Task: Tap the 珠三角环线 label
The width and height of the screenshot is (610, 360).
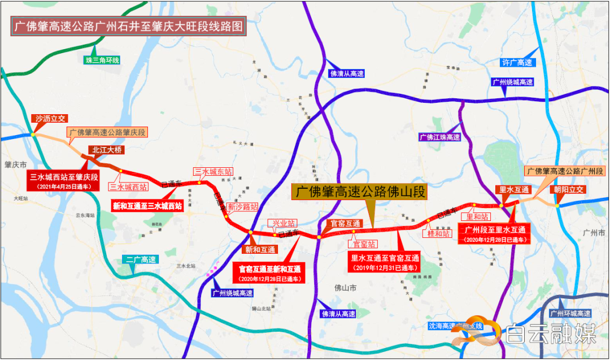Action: (x=102, y=60)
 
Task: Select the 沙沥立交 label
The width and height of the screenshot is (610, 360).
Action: (x=51, y=119)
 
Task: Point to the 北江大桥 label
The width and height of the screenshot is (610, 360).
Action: (x=105, y=150)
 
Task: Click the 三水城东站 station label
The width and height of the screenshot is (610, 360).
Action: (x=213, y=172)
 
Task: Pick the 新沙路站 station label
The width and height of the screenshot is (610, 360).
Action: (x=243, y=207)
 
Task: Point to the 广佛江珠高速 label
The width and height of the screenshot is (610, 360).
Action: (x=439, y=137)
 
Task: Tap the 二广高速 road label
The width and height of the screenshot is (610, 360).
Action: (x=141, y=260)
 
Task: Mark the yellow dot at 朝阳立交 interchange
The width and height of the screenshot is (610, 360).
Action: (x=557, y=206)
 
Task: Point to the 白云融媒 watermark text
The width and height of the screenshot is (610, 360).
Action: (x=551, y=335)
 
